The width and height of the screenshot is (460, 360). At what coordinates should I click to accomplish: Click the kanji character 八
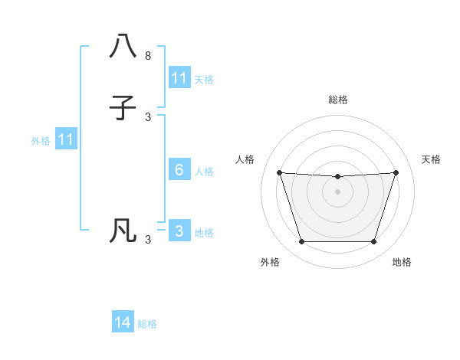pyautogui.click(x=123, y=46)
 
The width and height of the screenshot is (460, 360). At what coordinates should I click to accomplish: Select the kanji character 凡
pyautogui.click(x=123, y=231)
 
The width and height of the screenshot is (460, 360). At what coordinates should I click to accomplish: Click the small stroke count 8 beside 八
pyautogui.click(x=148, y=56)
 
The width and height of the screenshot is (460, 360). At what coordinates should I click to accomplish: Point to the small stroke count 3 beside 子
pyautogui.click(x=148, y=117)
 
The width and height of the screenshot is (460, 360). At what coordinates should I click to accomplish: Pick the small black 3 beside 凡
pyautogui.click(x=148, y=240)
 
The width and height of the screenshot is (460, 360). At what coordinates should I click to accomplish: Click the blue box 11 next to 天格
pyautogui.click(x=179, y=78)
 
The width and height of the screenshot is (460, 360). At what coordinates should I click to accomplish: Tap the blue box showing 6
pyautogui.click(x=179, y=170)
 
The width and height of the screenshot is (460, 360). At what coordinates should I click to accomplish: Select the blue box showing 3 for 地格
pyautogui.click(x=179, y=231)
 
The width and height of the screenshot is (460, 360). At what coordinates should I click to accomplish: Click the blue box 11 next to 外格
pyautogui.click(x=66, y=140)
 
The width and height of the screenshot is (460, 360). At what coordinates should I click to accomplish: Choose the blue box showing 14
pyautogui.click(x=123, y=323)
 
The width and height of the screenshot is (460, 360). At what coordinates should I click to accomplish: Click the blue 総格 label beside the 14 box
pyautogui.click(x=147, y=324)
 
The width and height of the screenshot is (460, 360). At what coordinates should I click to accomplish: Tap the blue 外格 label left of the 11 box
pyautogui.click(x=41, y=141)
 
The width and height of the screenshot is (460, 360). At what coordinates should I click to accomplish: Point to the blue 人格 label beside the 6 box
pyautogui.click(x=205, y=171)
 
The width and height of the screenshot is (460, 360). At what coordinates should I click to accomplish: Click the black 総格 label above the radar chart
pyautogui.click(x=337, y=100)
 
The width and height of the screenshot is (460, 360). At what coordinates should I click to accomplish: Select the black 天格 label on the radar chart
pyautogui.click(x=432, y=159)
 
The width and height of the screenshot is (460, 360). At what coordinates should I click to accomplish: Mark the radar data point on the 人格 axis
pyautogui.click(x=279, y=172)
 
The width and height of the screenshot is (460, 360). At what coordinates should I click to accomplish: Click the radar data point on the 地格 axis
pyautogui.click(x=373, y=242)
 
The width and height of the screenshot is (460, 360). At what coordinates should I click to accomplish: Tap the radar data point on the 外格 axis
pyautogui.click(x=301, y=242)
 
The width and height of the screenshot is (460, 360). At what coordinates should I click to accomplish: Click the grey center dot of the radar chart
pyautogui.click(x=337, y=191)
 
